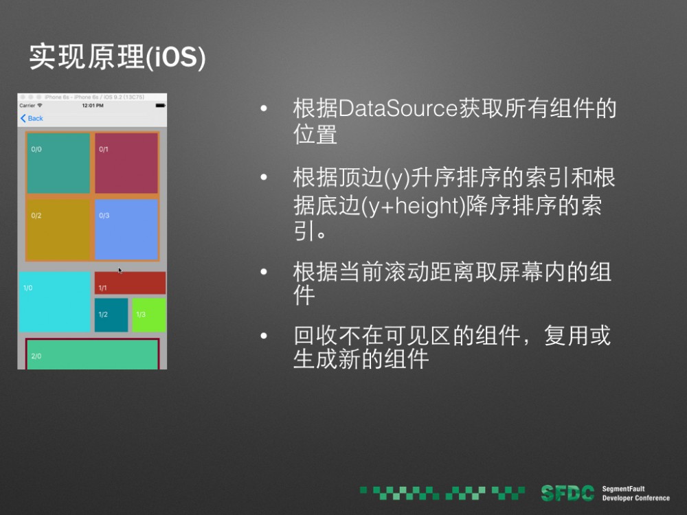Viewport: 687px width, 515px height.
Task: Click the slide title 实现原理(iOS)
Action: click(117, 58)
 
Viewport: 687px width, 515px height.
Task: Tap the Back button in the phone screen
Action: click(32, 118)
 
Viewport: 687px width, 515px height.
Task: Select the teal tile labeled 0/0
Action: click(58, 163)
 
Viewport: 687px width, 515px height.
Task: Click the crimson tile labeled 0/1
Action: click(126, 163)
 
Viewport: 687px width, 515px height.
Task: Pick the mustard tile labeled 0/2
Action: click(58, 229)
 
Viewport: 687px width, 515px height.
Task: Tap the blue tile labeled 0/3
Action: click(126, 229)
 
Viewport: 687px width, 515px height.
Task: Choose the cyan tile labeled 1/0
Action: click(55, 302)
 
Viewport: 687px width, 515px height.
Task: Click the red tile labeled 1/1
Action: click(130, 283)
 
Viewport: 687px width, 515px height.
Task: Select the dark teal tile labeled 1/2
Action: click(111, 314)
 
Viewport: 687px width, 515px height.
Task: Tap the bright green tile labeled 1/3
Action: click(148, 314)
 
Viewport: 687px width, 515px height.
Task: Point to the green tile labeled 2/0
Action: click(92, 355)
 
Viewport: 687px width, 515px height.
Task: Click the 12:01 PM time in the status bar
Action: click(92, 106)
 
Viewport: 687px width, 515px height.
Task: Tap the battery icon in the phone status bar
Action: click(160, 106)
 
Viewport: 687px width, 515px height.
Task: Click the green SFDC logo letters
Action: click(567, 492)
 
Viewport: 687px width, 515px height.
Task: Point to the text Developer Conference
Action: click(635, 498)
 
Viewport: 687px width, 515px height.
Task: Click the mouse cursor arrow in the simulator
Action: click(120, 271)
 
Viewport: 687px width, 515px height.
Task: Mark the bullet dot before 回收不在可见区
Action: click(262, 336)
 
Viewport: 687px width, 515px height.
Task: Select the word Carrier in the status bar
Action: click(27, 106)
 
